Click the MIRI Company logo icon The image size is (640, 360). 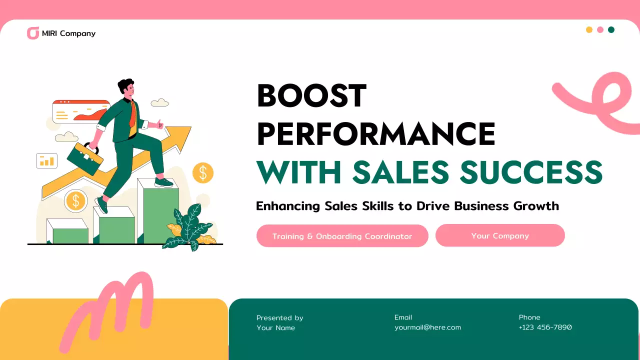[33, 33]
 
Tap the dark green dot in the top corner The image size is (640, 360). [611, 29]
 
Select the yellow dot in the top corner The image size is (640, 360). [589, 29]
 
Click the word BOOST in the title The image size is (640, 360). [311, 96]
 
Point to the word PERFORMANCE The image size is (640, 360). [375, 133]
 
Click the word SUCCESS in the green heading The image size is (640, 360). [531, 171]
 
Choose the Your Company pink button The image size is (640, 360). [500, 235]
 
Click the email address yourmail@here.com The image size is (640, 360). [427, 327]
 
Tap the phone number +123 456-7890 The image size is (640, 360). [545, 327]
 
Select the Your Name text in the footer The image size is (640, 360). [275, 328]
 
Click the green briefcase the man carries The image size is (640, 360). [85, 158]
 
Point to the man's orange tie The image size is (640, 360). [132, 114]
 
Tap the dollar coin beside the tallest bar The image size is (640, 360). [203, 173]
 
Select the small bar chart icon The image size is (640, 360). [47, 160]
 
